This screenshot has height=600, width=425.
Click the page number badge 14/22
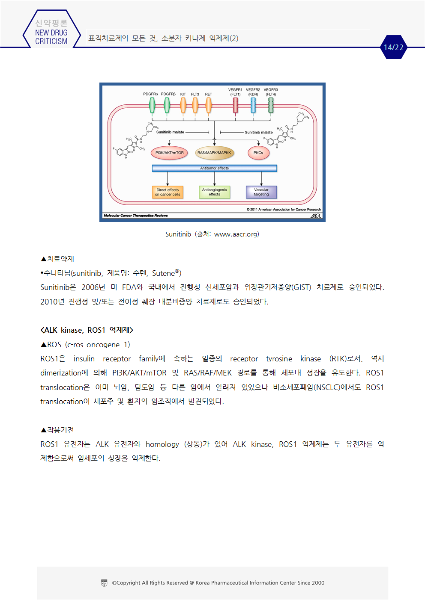point(393,47)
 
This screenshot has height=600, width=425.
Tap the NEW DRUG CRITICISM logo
point(51,33)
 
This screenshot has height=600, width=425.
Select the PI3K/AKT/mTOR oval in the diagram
point(169,153)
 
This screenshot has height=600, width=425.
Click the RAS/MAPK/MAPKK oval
point(214,153)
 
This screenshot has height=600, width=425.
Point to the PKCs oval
point(258,153)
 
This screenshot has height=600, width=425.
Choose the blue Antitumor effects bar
point(214,168)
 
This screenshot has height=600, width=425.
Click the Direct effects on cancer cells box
point(168,192)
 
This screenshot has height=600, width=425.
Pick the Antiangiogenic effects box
point(214,192)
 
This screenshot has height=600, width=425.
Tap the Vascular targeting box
point(261,192)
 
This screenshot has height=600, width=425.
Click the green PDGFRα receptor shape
point(152,105)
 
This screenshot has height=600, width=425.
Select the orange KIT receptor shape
point(183,105)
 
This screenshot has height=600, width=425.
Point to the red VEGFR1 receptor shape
point(235,105)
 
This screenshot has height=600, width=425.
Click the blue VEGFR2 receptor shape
point(253,105)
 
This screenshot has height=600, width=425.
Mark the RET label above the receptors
point(208,94)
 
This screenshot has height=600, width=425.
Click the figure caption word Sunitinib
point(178,234)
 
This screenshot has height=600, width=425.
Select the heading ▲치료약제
point(57,259)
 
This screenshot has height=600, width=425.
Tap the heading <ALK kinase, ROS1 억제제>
point(87,330)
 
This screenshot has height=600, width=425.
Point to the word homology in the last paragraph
point(162,444)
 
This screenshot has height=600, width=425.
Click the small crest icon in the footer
point(104,582)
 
